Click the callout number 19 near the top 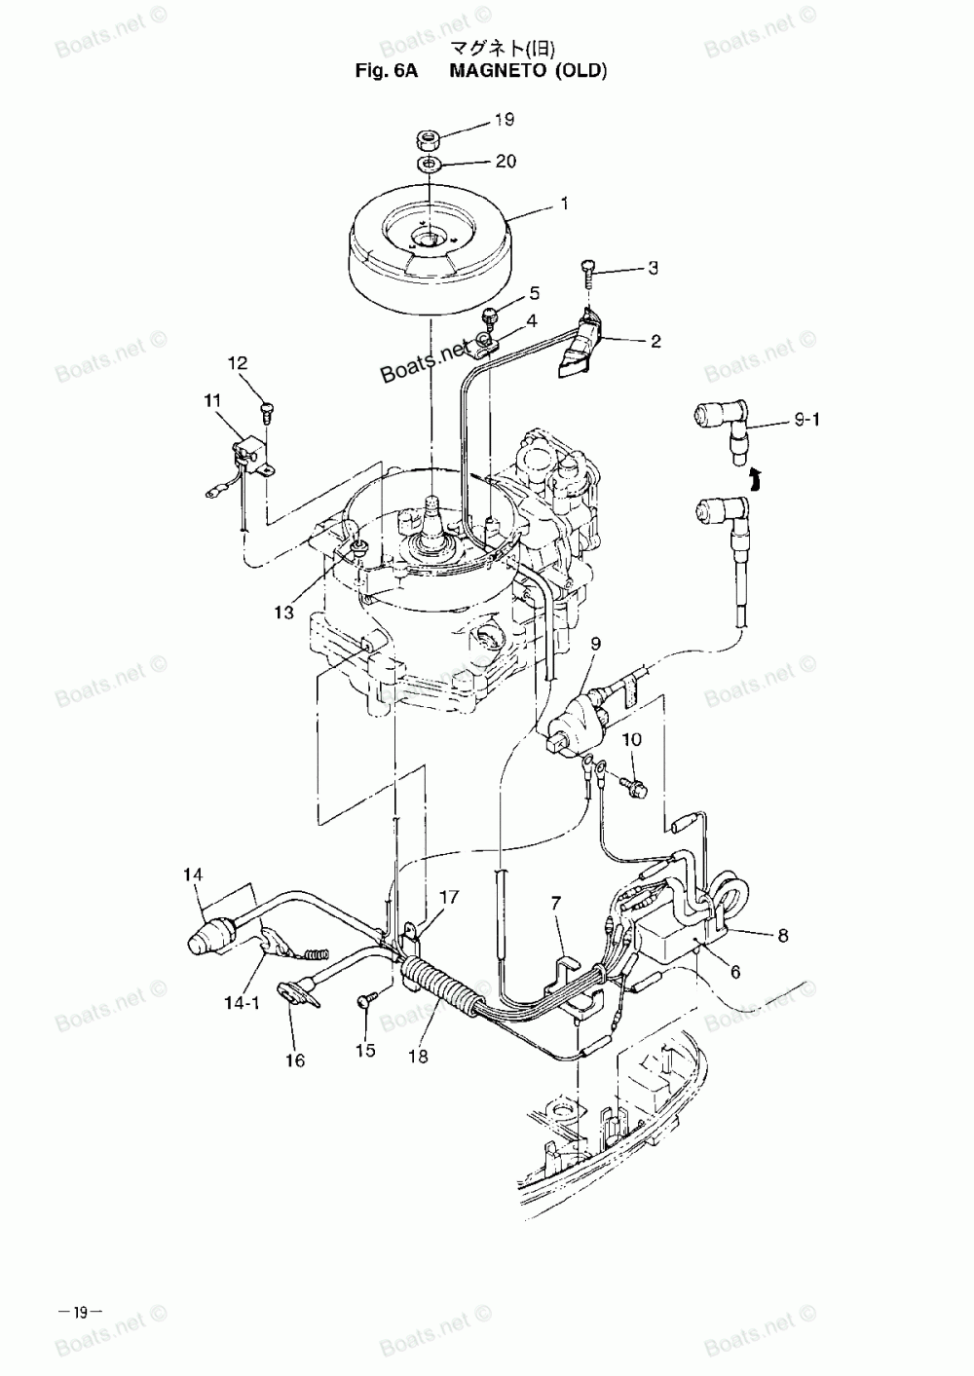[504, 120]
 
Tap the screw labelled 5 [490, 315]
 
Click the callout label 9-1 [807, 421]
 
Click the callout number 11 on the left [212, 400]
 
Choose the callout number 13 [283, 613]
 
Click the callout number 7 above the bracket [556, 904]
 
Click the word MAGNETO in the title [498, 70]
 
